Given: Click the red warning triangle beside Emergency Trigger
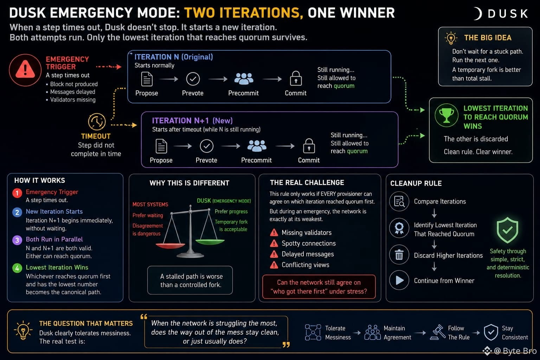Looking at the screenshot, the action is click(25, 69).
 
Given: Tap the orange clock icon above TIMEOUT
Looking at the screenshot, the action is click(97, 122).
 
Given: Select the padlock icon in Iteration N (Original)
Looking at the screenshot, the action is click(296, 78).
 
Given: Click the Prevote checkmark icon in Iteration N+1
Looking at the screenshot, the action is click(207, 146).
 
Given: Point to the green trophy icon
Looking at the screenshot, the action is click(446, 115).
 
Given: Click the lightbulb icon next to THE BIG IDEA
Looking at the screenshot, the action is click(451, 38).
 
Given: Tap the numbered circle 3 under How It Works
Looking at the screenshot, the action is click(17, 240).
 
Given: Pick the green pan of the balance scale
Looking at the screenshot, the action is click(210, 242).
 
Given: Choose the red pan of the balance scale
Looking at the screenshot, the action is click(170, 246).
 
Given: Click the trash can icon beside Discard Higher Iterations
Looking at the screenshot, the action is click(399, 255).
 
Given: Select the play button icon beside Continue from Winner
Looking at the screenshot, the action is click(399, 280).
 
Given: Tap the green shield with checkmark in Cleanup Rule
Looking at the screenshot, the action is click(507, 230).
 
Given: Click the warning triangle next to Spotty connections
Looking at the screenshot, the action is click(274, 243).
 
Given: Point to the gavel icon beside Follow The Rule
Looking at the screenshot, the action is click(438, 332).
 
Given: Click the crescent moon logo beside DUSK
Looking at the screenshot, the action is click(477, 13).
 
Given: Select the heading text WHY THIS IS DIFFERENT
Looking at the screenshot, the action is click(189, 183).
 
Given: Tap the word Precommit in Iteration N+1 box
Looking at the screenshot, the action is click(256, 160).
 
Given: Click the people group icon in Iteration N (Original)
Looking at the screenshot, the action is click(244, 79).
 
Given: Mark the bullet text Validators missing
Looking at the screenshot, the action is click(73, 99).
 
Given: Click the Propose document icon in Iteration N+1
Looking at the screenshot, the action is click(161, 146).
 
